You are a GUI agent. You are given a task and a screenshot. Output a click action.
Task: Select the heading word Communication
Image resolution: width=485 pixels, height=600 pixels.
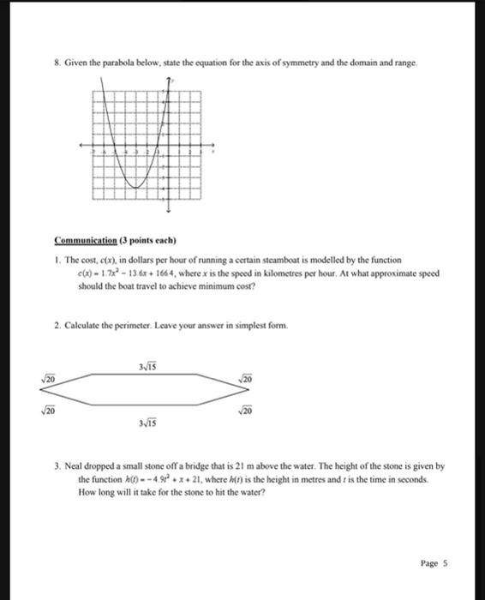click(85, 240)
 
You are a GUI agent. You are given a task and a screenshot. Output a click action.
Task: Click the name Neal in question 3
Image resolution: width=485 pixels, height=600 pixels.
click(75, 465)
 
